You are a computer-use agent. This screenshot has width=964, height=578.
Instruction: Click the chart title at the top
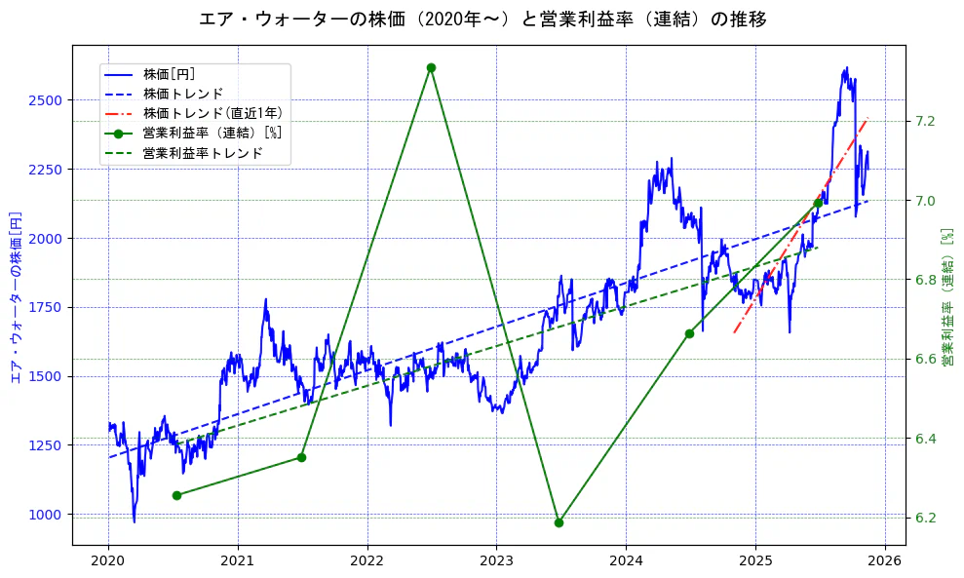pos(482,19)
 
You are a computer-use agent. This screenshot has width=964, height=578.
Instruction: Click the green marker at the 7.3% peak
pos(431,67)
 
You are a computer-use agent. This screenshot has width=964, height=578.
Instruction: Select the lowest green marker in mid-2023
pos(559,522)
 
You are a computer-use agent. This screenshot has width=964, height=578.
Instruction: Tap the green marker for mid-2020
pos(176,495)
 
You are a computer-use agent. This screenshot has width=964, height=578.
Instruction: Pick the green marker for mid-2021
pos(301,457)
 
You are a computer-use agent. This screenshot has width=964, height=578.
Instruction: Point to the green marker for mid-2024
pos(689,333)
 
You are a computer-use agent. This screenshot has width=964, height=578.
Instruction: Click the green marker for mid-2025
pos(818,203)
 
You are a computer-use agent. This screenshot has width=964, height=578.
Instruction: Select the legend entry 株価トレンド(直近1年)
pos(212,113)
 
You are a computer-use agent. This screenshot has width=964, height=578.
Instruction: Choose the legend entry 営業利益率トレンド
pos(203,153)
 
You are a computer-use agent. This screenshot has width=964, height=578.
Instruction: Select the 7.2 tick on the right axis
pos(925,121)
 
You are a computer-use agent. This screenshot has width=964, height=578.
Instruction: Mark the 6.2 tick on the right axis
pos(925,518)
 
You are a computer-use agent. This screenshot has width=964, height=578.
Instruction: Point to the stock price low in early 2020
pos(135,520)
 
